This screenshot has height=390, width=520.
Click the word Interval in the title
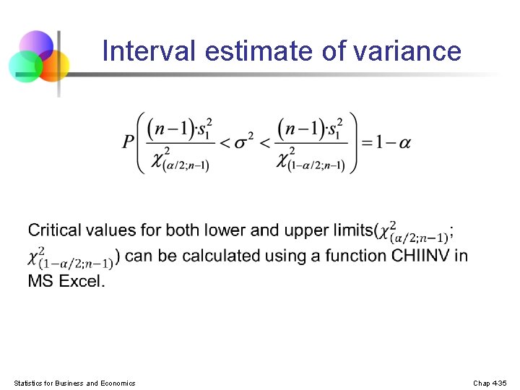(x=149, y=51)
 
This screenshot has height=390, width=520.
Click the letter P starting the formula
(x=129, y=142)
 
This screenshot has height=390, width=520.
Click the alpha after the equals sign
(x=404, y=142)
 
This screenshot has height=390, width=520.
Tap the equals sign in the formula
(x=367, y=142)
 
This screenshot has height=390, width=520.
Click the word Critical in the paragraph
(x=54, y=230)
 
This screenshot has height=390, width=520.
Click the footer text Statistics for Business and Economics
(x=74, y=383)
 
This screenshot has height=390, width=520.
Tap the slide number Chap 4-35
(x=490, y=383)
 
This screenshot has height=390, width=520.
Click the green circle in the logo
(x=25, y=66)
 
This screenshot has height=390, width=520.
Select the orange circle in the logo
(x=53, y=65)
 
